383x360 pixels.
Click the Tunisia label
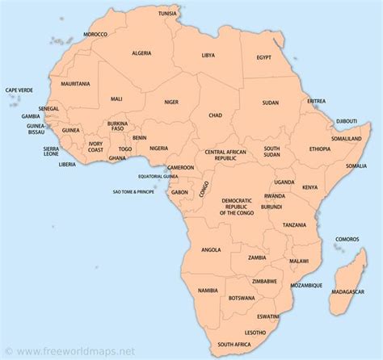pyautogui.click(x=190, y=14)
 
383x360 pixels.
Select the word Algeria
pyautogui.click(x=142, y=52)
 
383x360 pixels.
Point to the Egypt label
pyautogui.click(x=264, y=57)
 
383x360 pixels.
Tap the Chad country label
pyautogui.click(x=215, y=115)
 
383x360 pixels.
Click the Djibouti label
pyautogui.click(x=347, y=121)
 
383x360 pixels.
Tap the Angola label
pyautogui.click(x=211, y=249)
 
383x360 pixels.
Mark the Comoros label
pyautogui.click(x=347, y=239)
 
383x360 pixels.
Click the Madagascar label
pyautogui.click(x=347, y=291)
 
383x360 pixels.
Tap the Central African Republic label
pyautogui.click(x=225, y=155)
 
